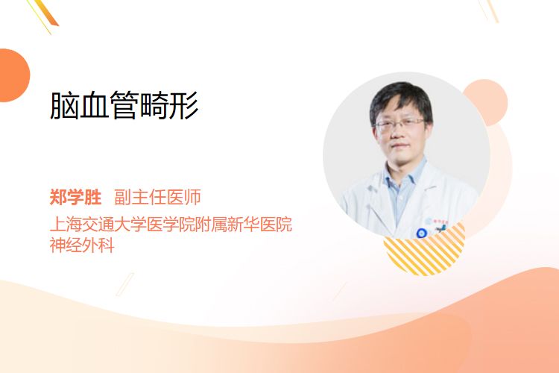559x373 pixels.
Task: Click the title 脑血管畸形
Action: pos(124,105)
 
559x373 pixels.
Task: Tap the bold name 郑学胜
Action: pos(75,197)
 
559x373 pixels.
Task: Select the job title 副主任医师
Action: pos(157,197)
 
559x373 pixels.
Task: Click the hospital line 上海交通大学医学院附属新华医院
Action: pos(171,224)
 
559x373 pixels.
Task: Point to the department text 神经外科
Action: pos(82,245)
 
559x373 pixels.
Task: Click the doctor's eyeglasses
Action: pos(399,124)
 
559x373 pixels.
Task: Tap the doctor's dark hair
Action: pos(401,98)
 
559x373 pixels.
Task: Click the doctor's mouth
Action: pos(399,146)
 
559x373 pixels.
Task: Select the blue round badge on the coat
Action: pos(421,233)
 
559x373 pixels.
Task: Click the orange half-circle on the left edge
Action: pos(13,75)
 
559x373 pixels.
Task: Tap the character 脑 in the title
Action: pos(64,105)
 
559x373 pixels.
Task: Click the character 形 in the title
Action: pos(184,105)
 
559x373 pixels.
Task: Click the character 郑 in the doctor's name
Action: pos(58,197)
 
